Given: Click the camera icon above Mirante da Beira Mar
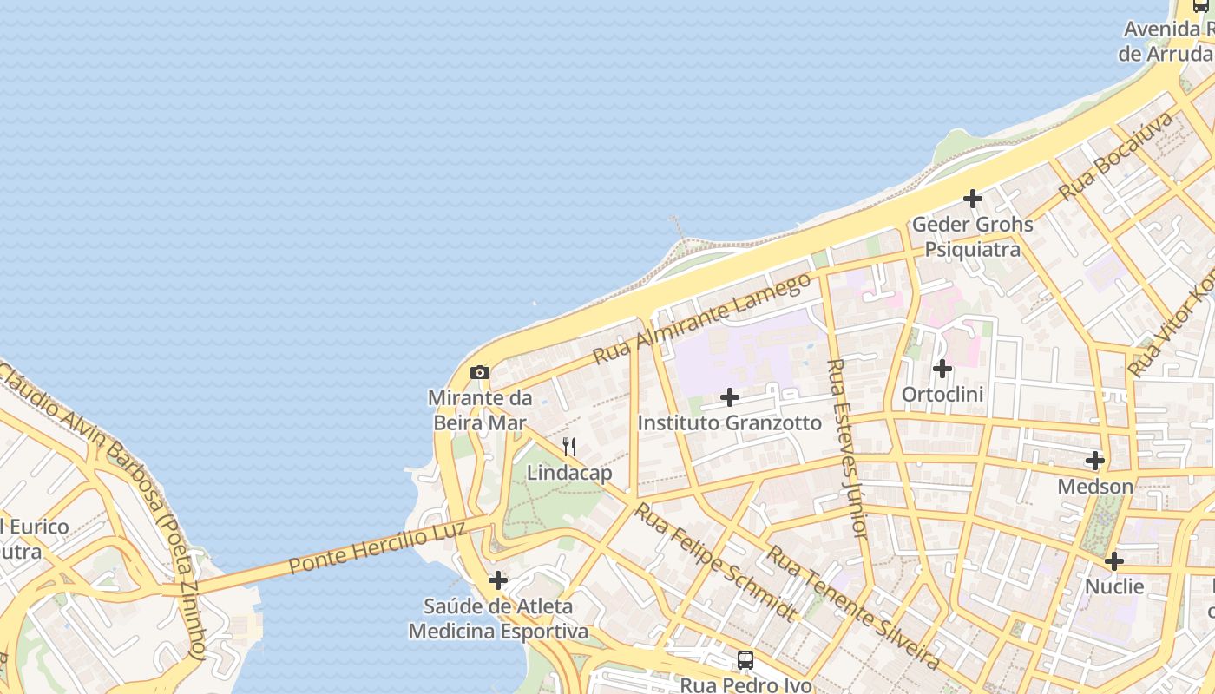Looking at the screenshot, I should [479, 373].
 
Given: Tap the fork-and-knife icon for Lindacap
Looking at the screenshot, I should [569, 448].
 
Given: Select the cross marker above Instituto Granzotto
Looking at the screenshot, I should [730, 397].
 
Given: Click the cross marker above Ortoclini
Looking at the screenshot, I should [942, 369].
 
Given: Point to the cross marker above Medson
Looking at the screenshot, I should [1095, 461].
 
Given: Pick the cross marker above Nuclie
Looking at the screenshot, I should [1114, 561].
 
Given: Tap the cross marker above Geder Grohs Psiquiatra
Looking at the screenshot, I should [973, 199].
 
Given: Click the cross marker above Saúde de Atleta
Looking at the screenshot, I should [498, 579].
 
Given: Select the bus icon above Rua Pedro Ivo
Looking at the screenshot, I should [745, 660].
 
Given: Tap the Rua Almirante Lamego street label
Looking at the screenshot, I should [702, 318].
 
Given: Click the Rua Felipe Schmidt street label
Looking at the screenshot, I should [713, 562].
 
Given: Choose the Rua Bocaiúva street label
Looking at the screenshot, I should [1114, 156].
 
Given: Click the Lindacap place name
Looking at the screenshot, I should [569, 473].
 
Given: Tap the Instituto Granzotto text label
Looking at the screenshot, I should [729, 423].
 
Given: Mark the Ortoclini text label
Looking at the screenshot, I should [942, 395].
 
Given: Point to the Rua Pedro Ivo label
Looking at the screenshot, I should [745, 684].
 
